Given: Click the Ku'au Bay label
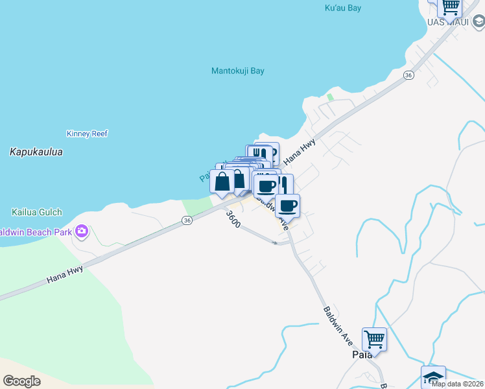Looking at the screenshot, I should coord(341,8).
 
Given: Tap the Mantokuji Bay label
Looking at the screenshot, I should coord(238,71).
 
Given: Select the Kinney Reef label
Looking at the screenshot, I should coord(87,134).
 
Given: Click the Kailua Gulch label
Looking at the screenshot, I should coord(36,212).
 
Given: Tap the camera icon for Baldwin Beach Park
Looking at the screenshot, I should coord(82,231).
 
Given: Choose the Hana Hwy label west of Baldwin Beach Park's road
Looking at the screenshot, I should coord(65,274).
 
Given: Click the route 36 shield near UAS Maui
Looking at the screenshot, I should coord(408,75).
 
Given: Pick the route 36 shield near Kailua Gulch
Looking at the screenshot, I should coord(187,220).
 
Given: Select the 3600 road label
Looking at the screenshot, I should coord(233,219).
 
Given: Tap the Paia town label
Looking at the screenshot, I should coord(362,355).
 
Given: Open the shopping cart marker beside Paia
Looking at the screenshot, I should coord(374,339).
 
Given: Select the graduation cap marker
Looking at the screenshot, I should coord(433,377).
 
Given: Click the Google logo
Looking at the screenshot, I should coord(21,381).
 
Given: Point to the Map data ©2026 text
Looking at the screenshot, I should coord(457,383).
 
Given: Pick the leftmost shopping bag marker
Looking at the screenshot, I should coord(222,182).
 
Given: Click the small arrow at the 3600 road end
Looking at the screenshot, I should coord(276,243).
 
